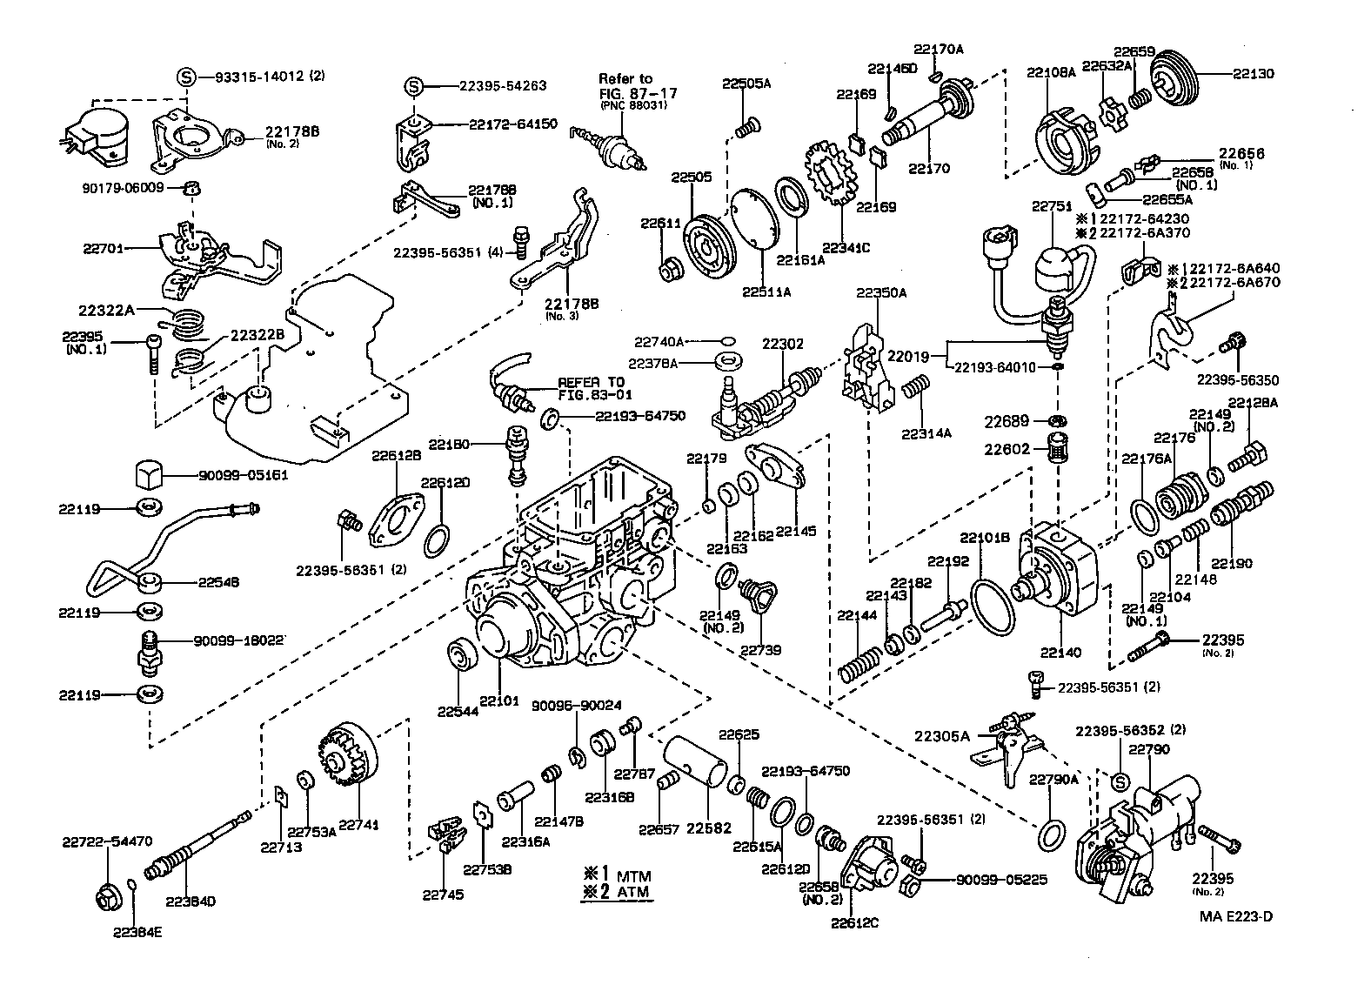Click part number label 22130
[x=1253, y=74]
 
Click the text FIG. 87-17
[x=638, y=92]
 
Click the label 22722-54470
[x=107, y=841]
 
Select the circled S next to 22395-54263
[x=414, y=85]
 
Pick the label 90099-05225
[x=1000, y=880]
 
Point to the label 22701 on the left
[x=103, y=248]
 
